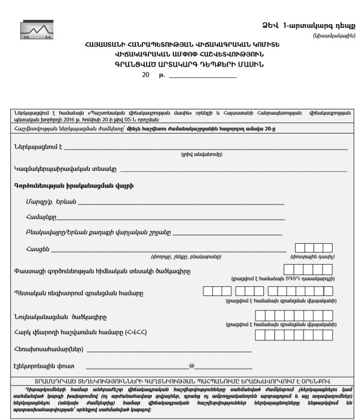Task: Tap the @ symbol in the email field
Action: [x=192, y=366]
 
